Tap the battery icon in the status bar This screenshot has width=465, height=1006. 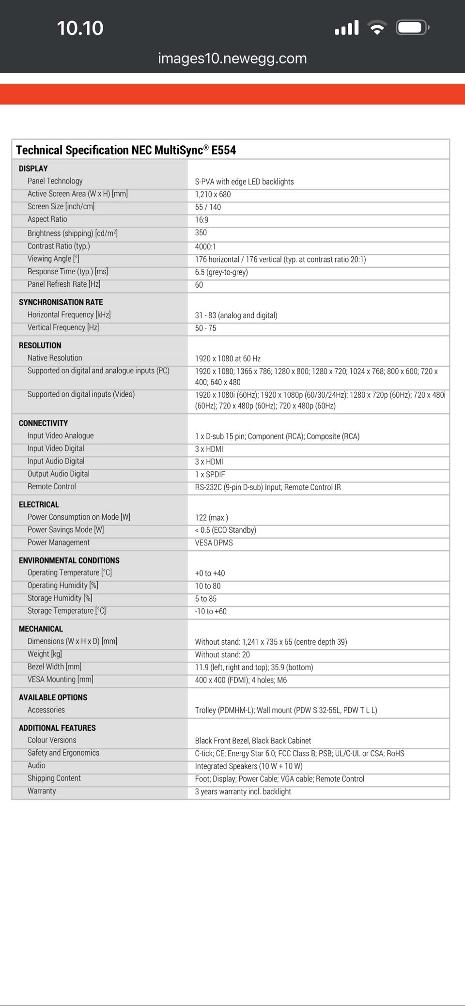pos(412,28)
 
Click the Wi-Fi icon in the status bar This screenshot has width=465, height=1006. pos(376,28)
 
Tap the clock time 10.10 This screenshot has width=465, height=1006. pos(80,28)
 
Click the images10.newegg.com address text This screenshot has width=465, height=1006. pos(232,59)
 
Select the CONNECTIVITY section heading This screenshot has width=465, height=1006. pos(43,423)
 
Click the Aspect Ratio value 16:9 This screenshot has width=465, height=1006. pos(201,220)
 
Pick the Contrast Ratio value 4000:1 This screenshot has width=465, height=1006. pos(205,247)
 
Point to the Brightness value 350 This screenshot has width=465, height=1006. pos(201,232)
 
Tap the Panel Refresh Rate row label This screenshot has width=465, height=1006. pos(64,284)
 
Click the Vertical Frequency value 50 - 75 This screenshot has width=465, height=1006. pos(205,328)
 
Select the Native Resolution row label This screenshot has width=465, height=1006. pos(55,358)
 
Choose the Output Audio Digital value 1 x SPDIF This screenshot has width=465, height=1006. pos(210,474)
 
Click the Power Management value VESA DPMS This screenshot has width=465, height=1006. pos(214,542)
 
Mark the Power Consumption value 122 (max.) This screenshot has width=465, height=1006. pos(211,517)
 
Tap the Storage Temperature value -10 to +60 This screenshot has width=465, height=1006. pos(211,611)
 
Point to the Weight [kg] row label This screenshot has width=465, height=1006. pos(45,654)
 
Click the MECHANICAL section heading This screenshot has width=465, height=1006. pos(41,629)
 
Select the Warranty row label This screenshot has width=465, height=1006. pos(42,791)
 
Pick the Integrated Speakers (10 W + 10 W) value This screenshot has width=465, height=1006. pos(248,766)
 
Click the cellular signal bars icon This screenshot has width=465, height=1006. pos(347,28)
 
